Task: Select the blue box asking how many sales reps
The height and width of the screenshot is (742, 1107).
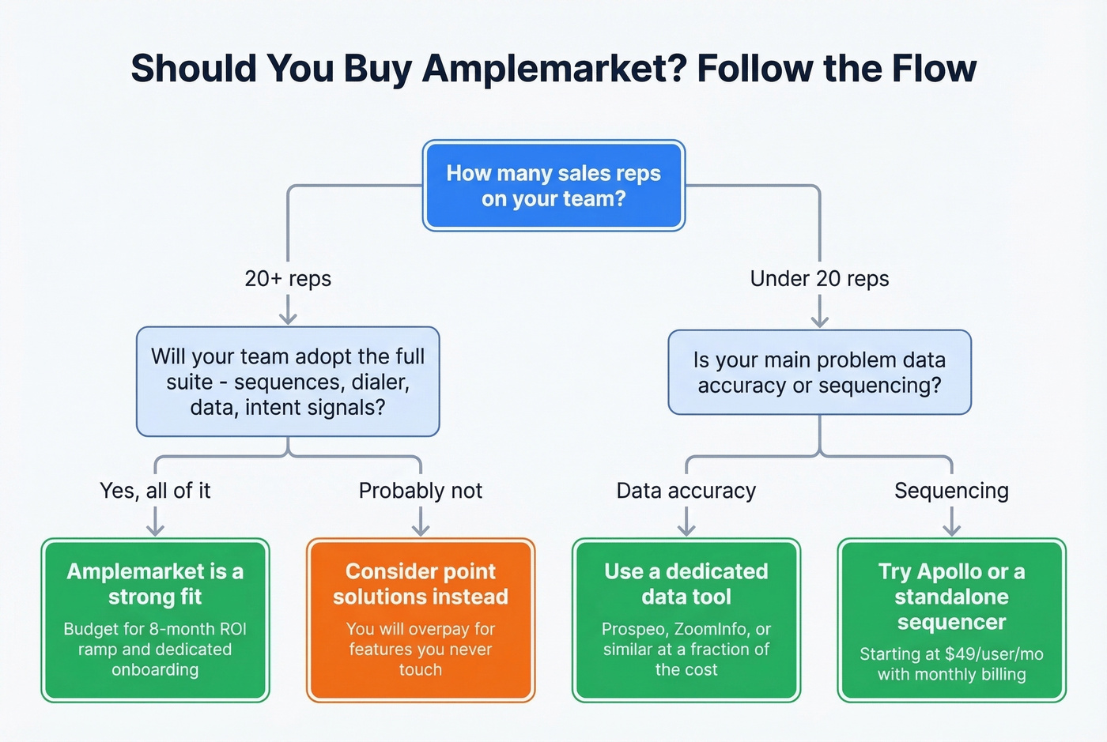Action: click(553, 186)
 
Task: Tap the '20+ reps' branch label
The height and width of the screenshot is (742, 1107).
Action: click(288, 279)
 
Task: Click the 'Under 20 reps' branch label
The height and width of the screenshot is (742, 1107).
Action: click(819, 279)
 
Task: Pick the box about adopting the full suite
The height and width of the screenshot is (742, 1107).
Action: click(288, 382)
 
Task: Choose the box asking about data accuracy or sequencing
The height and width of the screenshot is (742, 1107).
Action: click(819, 372)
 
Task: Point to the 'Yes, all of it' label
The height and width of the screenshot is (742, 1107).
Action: click(155, 491)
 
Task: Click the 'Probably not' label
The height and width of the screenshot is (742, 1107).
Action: click(420, 491)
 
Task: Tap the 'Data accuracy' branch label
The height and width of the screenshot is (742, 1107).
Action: click(686, 491)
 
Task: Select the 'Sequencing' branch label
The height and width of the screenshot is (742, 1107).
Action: click(951, 491)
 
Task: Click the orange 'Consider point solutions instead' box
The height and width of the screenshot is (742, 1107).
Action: click(421, 620)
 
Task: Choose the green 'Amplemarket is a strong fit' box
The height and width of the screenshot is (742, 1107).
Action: click(155, 620)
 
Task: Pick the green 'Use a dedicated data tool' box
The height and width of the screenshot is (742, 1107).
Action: click(686, 620)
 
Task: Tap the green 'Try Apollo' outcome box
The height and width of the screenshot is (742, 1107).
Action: click(952, 620)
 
